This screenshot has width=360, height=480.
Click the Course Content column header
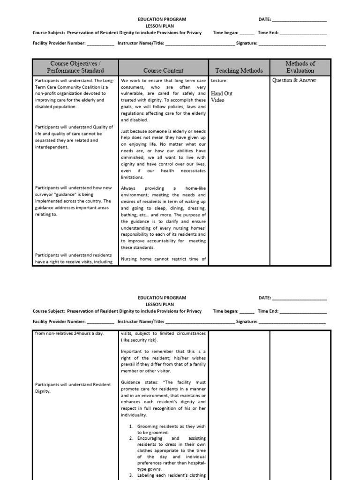pyautogui.click(x=163, y=70)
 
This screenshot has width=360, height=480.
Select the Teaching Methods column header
pyautogui.click(x=239, y=70)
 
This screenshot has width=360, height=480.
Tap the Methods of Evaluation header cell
pyautogui.click(x=300, y=67)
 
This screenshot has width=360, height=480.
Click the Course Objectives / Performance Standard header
pyautogui.click(x=75, y=67)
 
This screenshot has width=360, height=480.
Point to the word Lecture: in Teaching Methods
pyautogui.click(x=219, y=81)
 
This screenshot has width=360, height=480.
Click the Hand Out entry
pyautogui.click(x=222, y=93)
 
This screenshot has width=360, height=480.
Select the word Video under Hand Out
pyautogui.click(x=218, y=100)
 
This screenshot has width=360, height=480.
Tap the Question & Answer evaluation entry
pyautogui.click(x=294, y=80)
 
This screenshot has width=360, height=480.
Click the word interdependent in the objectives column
pyautogui.click(x=52, y=147)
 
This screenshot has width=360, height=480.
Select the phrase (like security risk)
pyautogui.click(x=140, y=340)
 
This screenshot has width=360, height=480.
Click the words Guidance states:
pyautogui.click(x=138, y=382)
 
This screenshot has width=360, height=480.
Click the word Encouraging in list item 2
pyautogui.click(x=151, y=438)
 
